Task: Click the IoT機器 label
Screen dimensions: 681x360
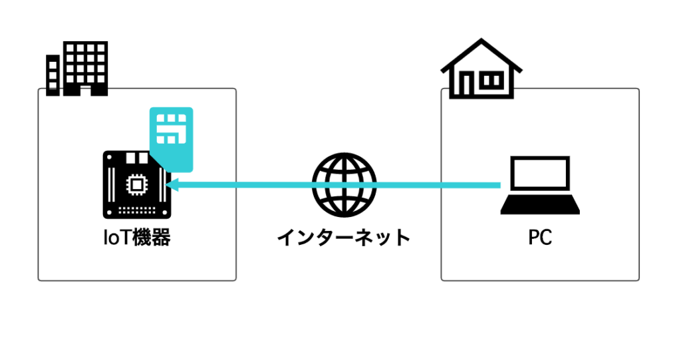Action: [137, 238]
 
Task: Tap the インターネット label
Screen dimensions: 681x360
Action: [344, 238]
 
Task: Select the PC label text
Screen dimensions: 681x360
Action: [540, 238]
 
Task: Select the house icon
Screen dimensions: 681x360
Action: [481, 69]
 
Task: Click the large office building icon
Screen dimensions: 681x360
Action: [85, 69]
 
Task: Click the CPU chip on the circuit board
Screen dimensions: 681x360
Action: [137, 185]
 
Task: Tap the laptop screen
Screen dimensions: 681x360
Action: [540, 172]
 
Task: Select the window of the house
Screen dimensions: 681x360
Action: [492, 81]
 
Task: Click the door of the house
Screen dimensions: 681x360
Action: [465, 84]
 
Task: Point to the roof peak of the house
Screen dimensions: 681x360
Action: [481, 39]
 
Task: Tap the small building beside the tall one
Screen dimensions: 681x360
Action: [53, 75]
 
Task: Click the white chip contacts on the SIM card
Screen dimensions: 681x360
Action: [171, 128]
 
